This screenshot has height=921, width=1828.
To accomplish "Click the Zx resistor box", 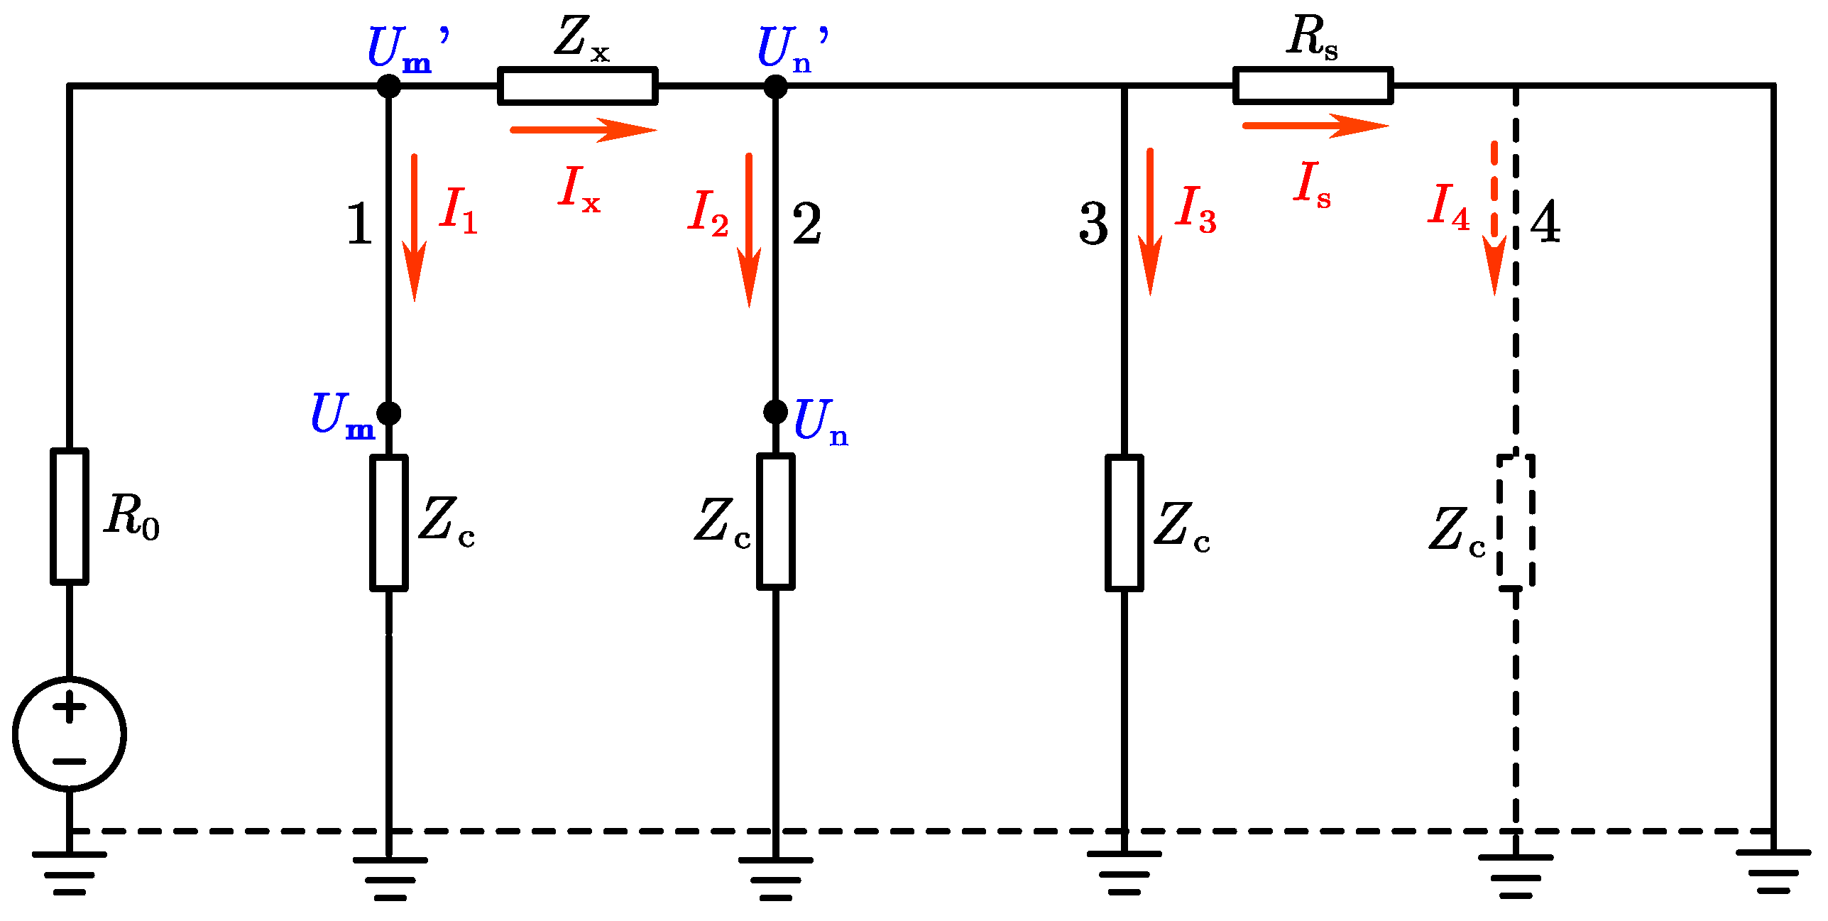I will [577, 86].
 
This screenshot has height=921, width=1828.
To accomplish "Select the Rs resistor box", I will [1313, 86].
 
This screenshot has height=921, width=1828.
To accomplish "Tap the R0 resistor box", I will [70, 516].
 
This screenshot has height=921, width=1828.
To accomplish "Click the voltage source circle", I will [70, 734].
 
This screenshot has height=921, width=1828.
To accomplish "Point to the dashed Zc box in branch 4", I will [1516, 522].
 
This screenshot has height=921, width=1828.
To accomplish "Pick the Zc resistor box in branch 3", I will [1124, 523].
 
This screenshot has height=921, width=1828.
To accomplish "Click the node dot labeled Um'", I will [388, 86].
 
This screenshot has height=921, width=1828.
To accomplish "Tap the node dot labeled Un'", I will [775, 87].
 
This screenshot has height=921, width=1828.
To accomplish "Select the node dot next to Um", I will [388, 413].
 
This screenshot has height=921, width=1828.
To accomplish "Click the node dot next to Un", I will [775, 411].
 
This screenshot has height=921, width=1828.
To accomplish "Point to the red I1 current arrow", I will [414, 227].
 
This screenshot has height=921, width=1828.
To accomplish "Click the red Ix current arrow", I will [582, 130].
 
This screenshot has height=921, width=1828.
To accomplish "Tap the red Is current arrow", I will [1314, 126].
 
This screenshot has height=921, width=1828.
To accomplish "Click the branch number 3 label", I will [1093, 224].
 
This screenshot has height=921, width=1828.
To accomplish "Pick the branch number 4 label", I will [1545, 222].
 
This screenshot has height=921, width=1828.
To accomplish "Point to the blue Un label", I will [820, 421].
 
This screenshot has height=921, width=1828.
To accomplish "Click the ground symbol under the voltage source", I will [70, 873].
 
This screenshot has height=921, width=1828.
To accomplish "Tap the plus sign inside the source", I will [70, 707].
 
